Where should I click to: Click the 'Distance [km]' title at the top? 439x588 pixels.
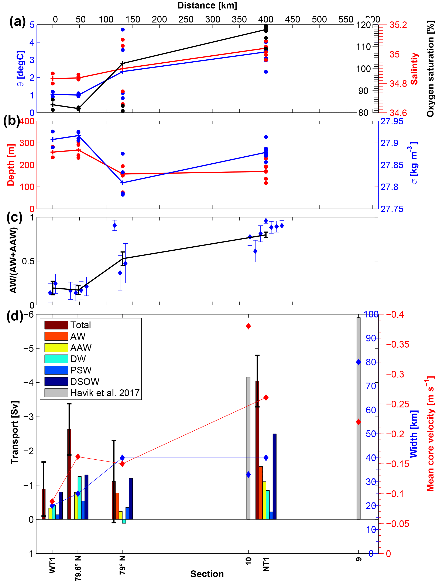point(207,6)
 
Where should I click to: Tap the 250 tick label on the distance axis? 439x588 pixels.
point(186,19)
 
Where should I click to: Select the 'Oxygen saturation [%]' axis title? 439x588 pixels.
point(430,69)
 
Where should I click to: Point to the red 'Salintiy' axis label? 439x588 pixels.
point(414,69)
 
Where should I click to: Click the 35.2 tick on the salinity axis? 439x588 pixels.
point(398,25)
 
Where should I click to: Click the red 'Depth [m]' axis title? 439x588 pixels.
point(11,165)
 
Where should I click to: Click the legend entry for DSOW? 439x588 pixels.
point(85,382)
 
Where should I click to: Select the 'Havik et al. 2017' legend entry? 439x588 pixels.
point(105,393)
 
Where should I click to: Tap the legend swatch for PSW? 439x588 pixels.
point(56,370)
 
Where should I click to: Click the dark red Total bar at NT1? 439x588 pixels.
point(257,451)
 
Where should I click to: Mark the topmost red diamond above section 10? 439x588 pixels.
point(248,326)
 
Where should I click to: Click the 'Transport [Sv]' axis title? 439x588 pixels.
point(15,432)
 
